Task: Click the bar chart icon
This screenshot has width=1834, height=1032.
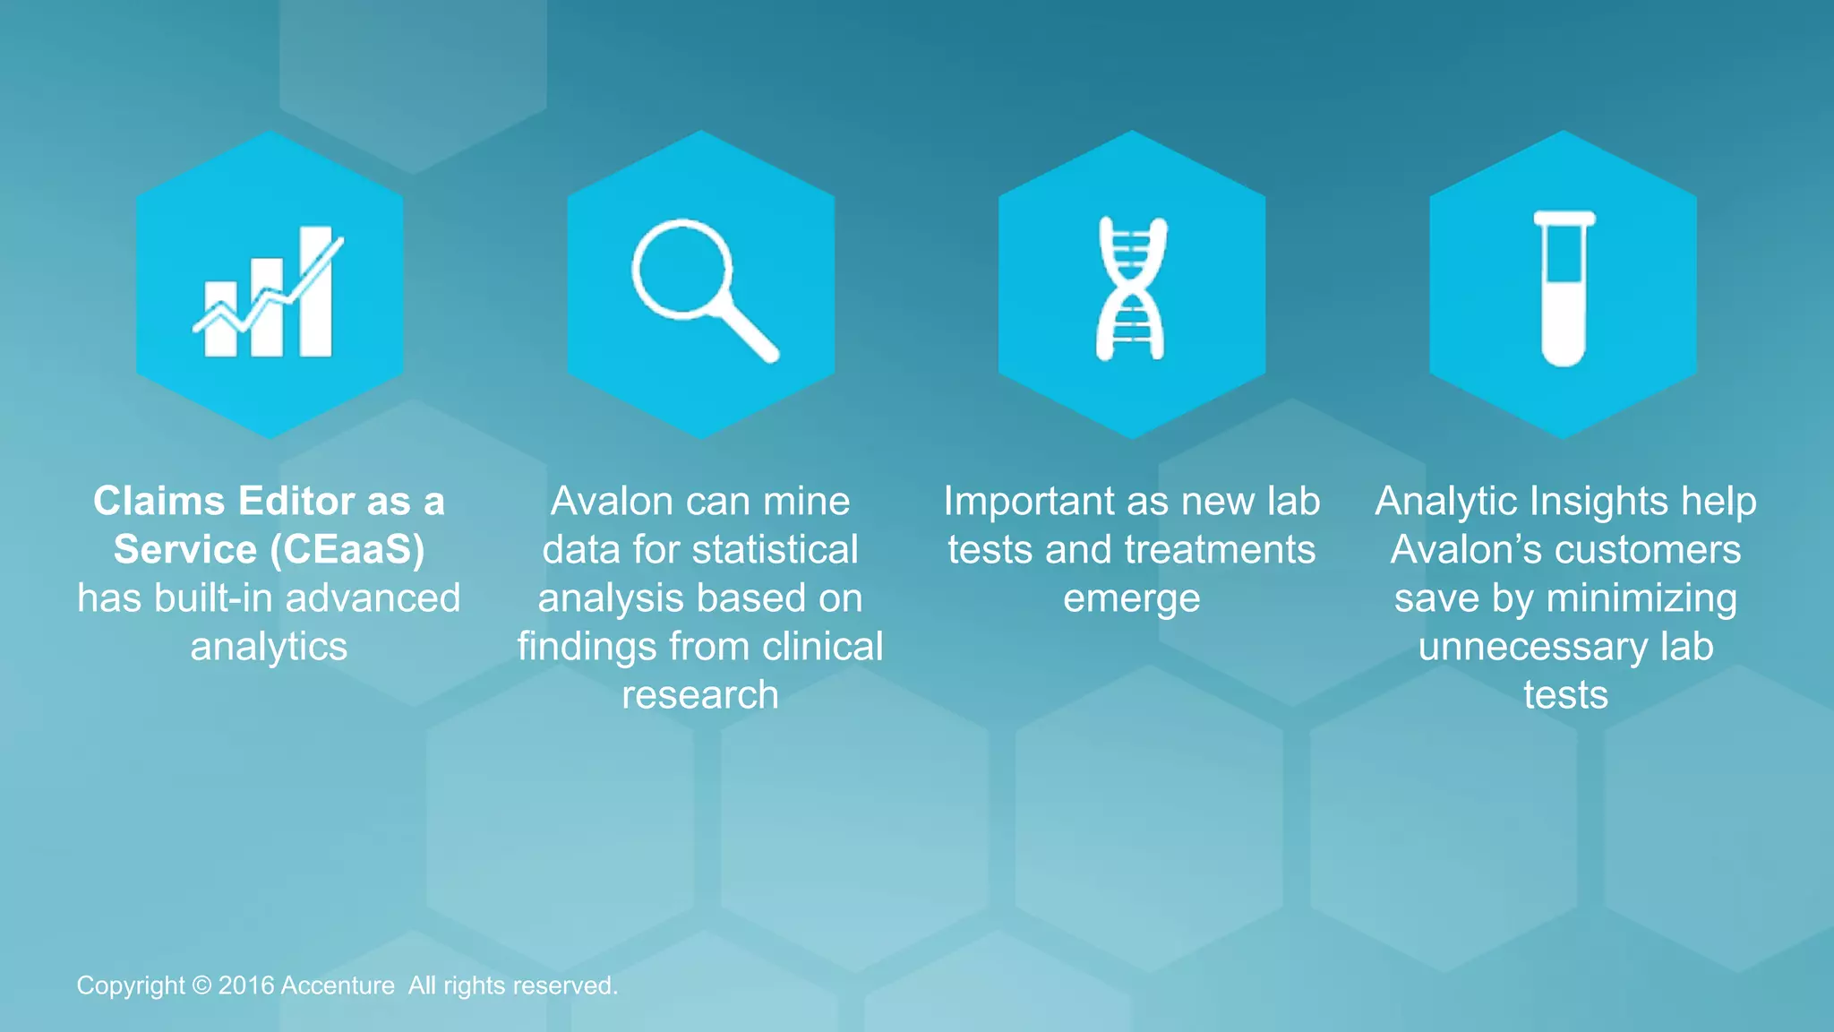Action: coord(269,291)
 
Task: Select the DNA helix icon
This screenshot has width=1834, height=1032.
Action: coord(1131,288)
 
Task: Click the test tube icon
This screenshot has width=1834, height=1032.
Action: coord(1564,288)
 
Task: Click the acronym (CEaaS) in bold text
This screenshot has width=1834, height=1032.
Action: coord(347,549)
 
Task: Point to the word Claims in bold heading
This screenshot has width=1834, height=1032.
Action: coord(161,501)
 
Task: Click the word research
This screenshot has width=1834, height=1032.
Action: coord(700,694)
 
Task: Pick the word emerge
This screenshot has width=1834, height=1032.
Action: coord(1131,598)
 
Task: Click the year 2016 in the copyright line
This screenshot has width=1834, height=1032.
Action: coord(245,985)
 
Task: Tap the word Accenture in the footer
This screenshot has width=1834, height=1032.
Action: coord(338,985)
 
